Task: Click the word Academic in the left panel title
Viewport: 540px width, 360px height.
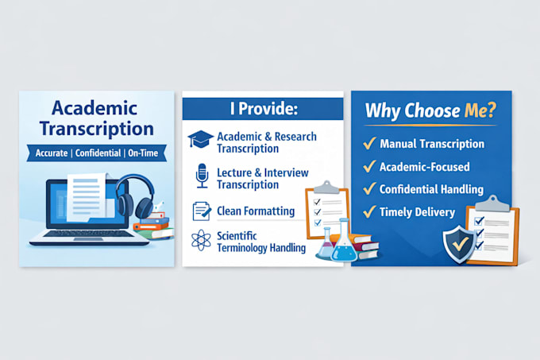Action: click(x=94, y=108)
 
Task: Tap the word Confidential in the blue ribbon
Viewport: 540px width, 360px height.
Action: click(x=98, y=153)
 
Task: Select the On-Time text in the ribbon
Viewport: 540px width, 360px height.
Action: click(x=143, y=153)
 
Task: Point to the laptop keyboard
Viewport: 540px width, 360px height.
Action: click(x=89, y=233)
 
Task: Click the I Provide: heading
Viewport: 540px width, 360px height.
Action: click(x=264, y=109)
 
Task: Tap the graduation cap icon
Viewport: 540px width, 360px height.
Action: click(x=200, y=139)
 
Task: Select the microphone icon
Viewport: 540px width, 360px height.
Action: click(x=202, y=176)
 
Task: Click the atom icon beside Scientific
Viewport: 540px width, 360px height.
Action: click(x=201, y=240)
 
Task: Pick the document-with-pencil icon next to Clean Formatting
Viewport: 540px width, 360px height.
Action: click(x=202, y=211)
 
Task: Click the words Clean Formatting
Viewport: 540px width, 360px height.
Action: click(x=256, y=211)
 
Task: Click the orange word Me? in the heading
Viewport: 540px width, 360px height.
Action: click(x=480, y=110)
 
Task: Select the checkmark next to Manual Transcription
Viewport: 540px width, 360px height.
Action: click(x=369, y=142)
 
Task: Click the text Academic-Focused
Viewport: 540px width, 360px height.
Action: click(x=424, y=167)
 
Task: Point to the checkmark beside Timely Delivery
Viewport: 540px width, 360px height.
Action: click(x=369, y=211)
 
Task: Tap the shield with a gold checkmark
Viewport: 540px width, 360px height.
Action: click(x=460, y=243)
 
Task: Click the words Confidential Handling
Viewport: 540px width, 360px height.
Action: click(x=431, y=189)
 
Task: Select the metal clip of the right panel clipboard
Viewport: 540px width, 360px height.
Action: click(x=492, y=203)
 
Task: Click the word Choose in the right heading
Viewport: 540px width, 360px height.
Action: click(x=432, y=110)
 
